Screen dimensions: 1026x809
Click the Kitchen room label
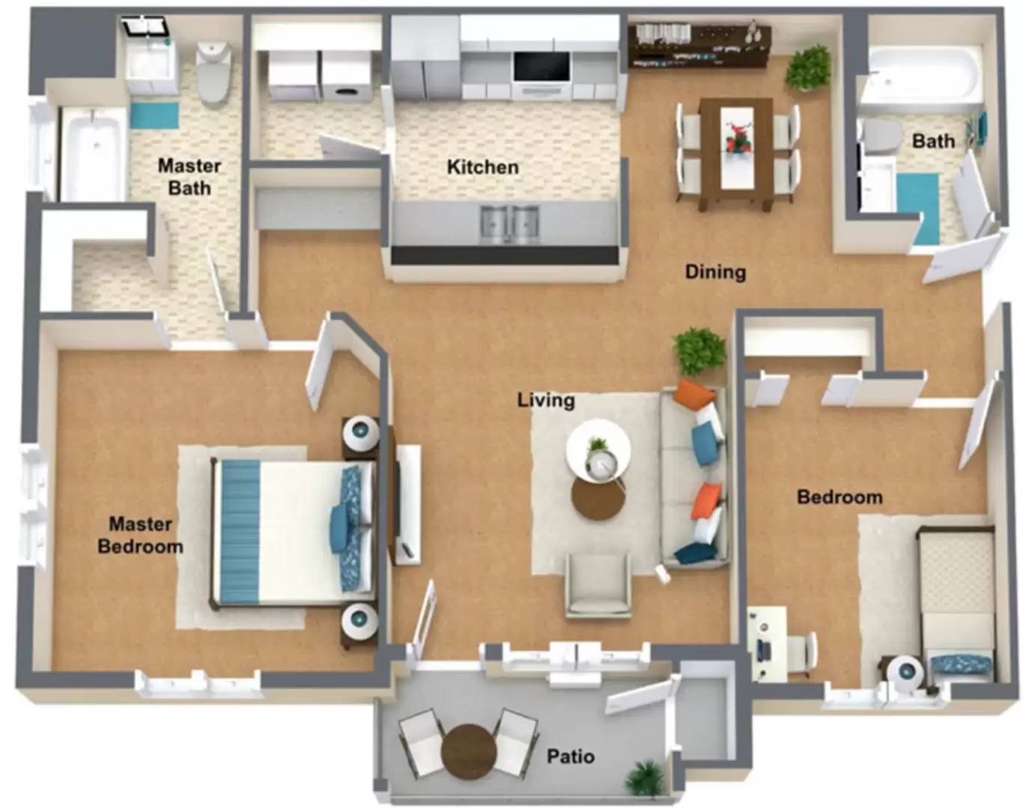click(482, 167)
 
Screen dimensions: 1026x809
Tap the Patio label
click(570, 756)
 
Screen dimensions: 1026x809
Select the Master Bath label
click(189, 177)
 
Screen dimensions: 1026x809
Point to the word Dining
click(715, 272)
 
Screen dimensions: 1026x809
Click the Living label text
click(546, 400)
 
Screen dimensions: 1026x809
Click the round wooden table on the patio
click(469, 751)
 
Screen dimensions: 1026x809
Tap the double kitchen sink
click(509, 222)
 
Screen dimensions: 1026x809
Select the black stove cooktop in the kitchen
click(541, 67)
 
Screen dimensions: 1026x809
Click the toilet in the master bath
click(213, 72)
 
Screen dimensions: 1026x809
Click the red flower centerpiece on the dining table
click(737, 139)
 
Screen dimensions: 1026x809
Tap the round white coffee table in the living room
click(598, 449)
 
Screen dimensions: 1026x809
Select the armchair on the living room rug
click(598, 587)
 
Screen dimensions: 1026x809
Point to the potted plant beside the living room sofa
click(699, 352)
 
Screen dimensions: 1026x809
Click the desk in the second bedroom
click(767, 645)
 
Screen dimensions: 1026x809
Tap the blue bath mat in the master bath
click(155, 115)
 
